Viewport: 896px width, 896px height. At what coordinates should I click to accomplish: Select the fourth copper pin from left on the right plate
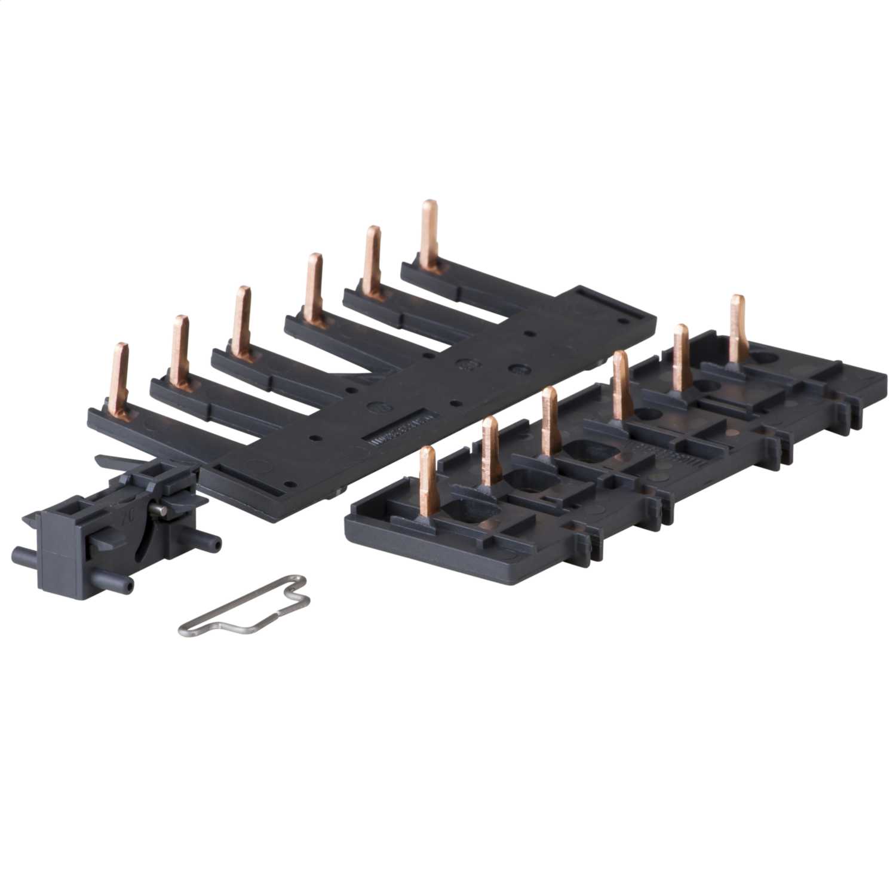pyautogui.click(x=620, y=382)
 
